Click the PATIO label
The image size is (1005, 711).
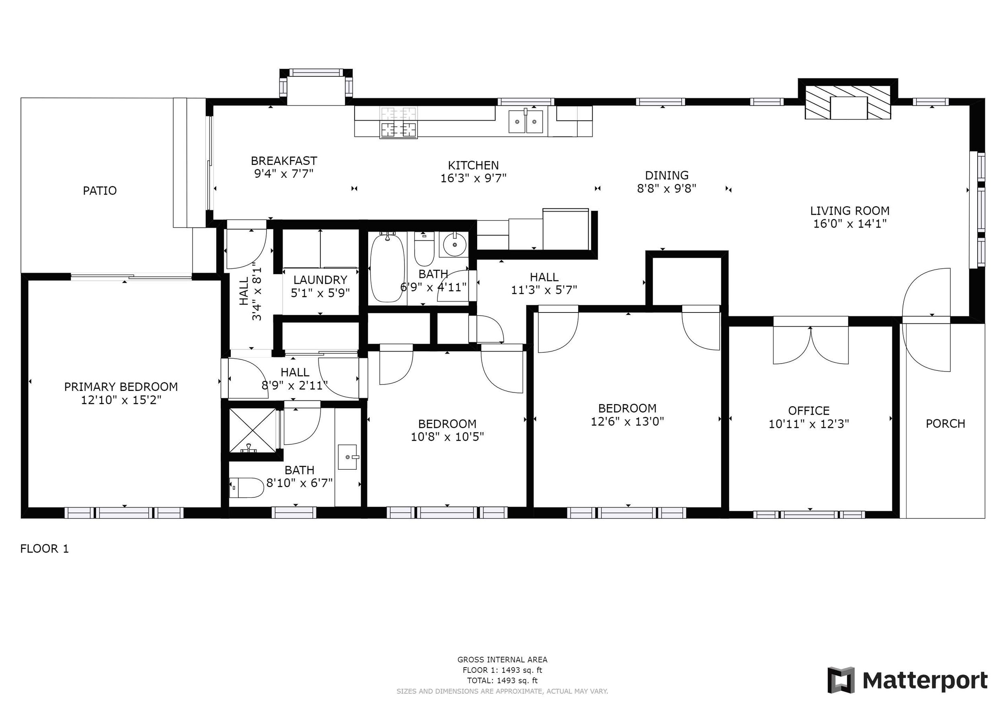pyautogui.click(x=100, y=191)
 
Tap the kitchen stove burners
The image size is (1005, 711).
pyautogui.click(x=398, y=123)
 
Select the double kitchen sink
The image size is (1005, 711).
pyautogui.click(x=526, y=121)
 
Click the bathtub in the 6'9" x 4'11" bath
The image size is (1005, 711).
pyautogui.click(x=387, y=267)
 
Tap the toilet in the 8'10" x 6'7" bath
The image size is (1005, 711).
pyautogui.click(x=246, y=487)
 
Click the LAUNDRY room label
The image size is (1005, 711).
pyautogui.click(x=320, y=280)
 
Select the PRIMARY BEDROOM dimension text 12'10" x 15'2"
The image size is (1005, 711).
pyautogui.click(x=121, y=400)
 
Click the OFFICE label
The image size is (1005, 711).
pyautogui.click(x=809, y=411)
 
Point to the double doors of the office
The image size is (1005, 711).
pyautogui.click(x=811, y=345)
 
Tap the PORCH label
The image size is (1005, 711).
pyautogui.click(x=946, y=423)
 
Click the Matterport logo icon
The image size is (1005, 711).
pyautogui.click(x=841, y=680)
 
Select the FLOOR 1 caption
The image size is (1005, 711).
pyautogui.click(x=45, y=549)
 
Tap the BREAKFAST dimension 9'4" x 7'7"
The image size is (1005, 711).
pyautogui.click(x=284, y=174)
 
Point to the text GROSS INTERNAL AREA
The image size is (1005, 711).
pyautogui.click(x=502, y=660)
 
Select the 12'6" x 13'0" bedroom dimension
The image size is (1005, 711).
pyautogui.click(x=627, y=421)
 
